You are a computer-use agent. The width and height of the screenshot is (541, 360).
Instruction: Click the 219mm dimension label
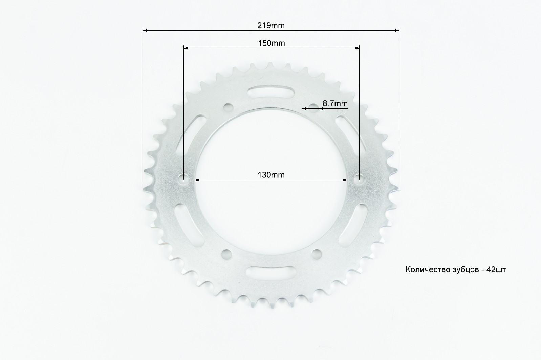271,25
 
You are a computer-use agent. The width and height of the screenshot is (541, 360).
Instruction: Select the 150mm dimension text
272,43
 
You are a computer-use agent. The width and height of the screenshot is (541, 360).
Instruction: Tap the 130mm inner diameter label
271,175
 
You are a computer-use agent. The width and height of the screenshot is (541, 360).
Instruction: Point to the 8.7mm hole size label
335,103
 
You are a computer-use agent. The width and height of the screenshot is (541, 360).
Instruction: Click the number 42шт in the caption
496,269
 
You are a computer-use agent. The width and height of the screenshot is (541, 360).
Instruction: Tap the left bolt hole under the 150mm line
183,179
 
